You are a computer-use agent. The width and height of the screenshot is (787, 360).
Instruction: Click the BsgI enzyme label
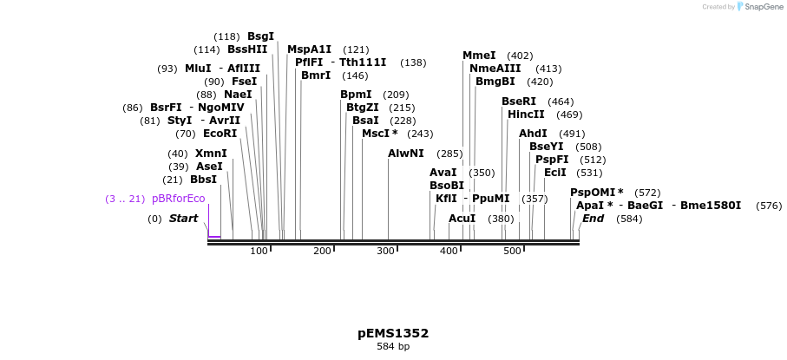(260, 36)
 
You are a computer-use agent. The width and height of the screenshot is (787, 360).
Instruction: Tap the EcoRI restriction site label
(220, 134)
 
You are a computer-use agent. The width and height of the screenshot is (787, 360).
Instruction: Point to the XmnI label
(211, 154)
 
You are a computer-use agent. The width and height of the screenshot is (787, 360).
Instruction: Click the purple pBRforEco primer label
(178, 199)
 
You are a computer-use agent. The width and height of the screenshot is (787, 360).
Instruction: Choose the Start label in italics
(183, 219)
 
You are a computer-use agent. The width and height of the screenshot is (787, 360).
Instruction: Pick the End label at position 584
(593, 219)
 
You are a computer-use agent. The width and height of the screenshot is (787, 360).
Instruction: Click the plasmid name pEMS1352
(393, 333)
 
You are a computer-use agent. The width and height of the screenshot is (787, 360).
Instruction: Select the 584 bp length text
(393, 347)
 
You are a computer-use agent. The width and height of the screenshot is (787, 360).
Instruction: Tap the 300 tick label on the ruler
(385, 251)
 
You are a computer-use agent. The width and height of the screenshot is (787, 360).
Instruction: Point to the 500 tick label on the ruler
(512, 251)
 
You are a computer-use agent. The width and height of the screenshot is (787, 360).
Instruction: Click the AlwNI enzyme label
(406, 154)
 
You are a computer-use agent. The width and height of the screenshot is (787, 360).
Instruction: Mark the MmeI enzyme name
(479, 56)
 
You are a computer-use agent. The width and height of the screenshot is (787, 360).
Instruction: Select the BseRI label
(519, 101)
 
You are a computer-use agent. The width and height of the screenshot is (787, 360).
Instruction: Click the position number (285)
(449, 154)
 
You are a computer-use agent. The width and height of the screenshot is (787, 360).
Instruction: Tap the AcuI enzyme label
(462, 219)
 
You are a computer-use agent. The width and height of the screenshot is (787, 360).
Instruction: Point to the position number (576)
(769, 206)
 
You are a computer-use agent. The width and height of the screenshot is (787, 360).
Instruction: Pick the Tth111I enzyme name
(364, 62)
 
